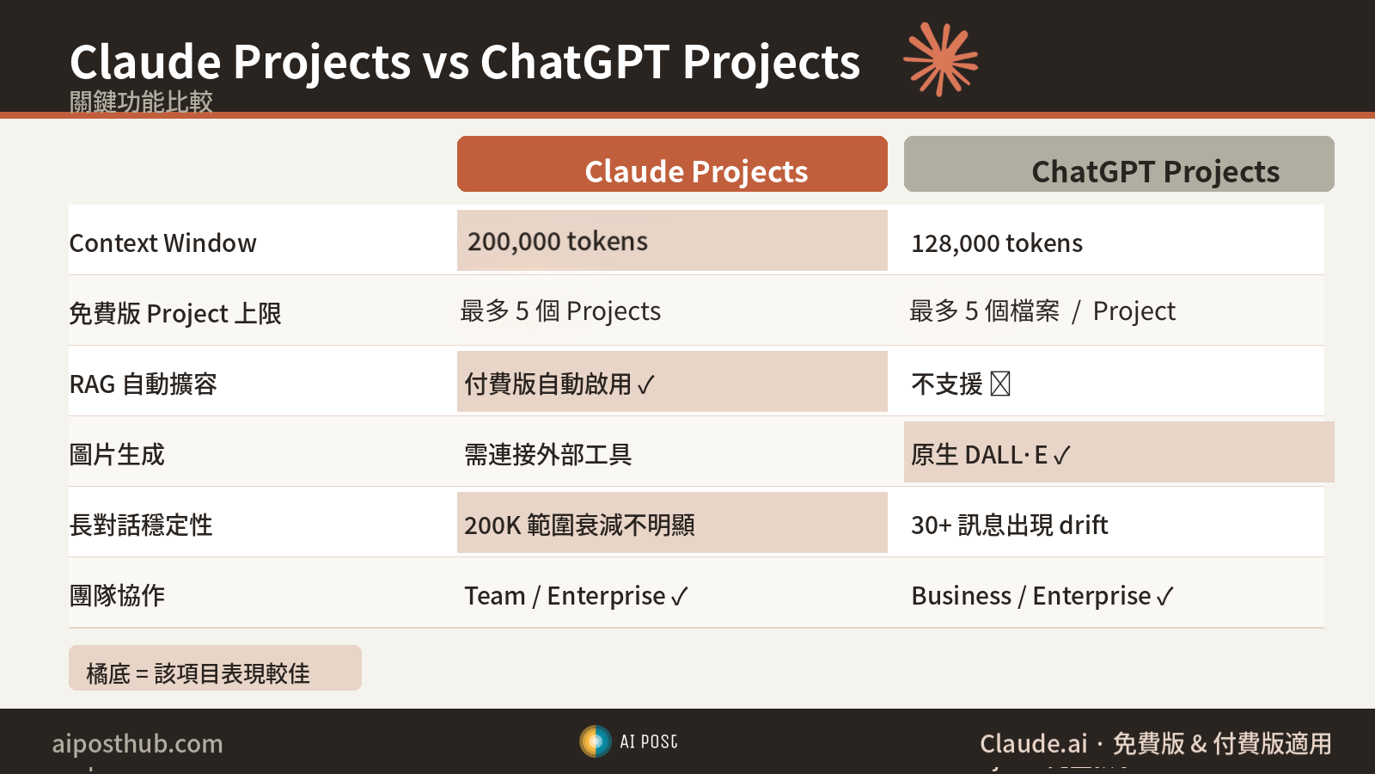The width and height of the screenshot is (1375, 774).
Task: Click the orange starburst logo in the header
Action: click(940, 59)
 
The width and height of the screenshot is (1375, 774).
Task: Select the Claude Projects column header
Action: click(672, 164)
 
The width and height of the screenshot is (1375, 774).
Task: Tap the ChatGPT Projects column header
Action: click(1119, 164)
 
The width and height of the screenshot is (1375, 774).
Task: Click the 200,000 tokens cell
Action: click(672, 241)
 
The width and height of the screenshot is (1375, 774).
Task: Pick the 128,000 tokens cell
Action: click(997, 243)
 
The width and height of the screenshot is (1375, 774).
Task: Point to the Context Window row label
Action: click(163, 243)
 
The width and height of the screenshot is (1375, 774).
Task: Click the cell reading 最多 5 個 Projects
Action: click(560, 311)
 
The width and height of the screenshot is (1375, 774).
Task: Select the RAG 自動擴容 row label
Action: click(144, 384)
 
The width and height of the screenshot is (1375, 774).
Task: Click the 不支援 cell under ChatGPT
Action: click(960, 384)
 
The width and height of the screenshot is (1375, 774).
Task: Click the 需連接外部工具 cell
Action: click(548, 454)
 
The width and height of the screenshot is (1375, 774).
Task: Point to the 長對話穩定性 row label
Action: click(141, 525)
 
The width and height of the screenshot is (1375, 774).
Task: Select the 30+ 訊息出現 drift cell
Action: click(1010, 525)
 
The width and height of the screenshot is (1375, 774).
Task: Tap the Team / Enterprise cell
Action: click(576, 595)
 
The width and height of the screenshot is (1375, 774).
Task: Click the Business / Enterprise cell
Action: click(1042, 595)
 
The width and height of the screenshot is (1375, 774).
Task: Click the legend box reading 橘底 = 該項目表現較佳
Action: click(215, 668)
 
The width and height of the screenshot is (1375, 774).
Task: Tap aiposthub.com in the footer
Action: click(137, 743)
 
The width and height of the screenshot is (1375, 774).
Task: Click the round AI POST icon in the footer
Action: click(595, 741)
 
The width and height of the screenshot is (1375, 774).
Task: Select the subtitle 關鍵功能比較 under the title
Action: click(141, 101)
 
